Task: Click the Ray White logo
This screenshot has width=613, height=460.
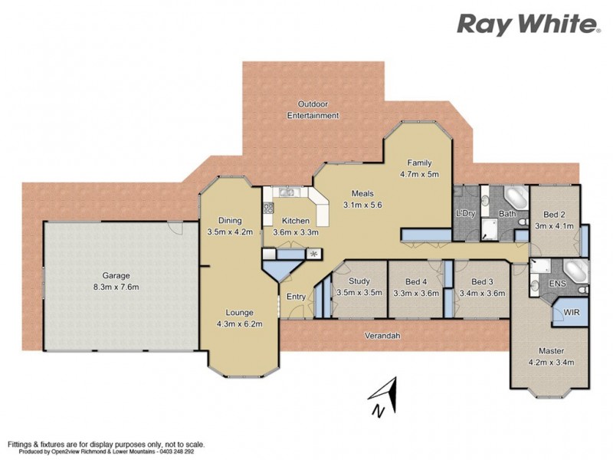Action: tap(528, 25)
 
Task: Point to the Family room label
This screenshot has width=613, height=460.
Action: tap(419, 163)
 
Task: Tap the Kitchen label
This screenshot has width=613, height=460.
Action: tap(295, 221)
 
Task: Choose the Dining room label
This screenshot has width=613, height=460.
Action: tap(229, 221)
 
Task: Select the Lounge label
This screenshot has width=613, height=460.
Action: tap(241, 312)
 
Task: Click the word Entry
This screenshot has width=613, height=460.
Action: tap(296, 297)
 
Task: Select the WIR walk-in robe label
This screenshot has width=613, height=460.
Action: tap(571, 313)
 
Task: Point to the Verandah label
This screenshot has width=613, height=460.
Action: tap(381, 335)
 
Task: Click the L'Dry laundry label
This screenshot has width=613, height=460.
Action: tap(466, 212)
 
